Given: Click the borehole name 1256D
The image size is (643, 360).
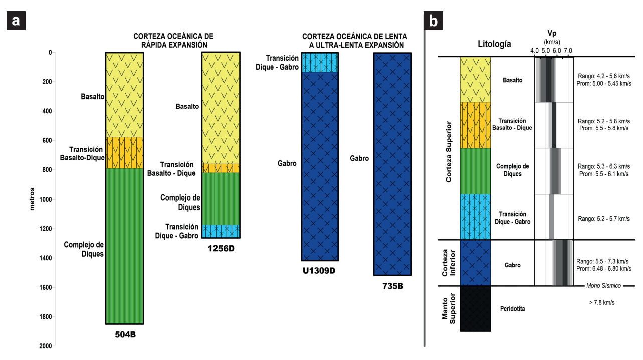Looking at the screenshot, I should tap(221, 248).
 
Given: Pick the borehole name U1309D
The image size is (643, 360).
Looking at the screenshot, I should tap(319, 271).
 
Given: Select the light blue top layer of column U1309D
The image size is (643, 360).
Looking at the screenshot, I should tap(319, 62).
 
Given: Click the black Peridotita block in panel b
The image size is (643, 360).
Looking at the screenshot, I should tap(475, 308).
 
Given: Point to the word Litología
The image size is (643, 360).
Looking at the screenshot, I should tap(494, 44).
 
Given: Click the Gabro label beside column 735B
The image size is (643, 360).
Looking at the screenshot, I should tap(359, 158).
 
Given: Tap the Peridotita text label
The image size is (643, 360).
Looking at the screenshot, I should tap(513, 308).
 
